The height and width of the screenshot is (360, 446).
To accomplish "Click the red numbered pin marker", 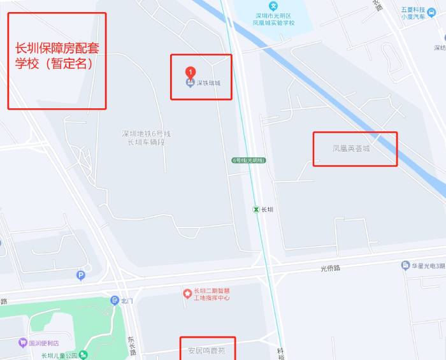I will (190, 72).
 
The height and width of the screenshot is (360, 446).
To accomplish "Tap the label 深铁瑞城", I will (208, 83).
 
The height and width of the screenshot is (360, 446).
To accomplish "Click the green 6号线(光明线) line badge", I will (248, 160).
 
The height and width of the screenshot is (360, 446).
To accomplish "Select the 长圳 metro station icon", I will (255, 209).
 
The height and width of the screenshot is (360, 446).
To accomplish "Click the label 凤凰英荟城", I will (351, 148).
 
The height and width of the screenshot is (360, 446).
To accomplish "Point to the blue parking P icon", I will (80, 275).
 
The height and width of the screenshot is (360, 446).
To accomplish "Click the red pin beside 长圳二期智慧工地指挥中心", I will (187, 294).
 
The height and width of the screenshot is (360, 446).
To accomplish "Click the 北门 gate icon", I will (115, 300).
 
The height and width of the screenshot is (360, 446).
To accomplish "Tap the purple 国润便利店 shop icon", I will (23, 342).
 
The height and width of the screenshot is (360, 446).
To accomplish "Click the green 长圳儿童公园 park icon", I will (83, 355).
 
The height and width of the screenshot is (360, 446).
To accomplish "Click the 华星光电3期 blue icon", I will (405, 265).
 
